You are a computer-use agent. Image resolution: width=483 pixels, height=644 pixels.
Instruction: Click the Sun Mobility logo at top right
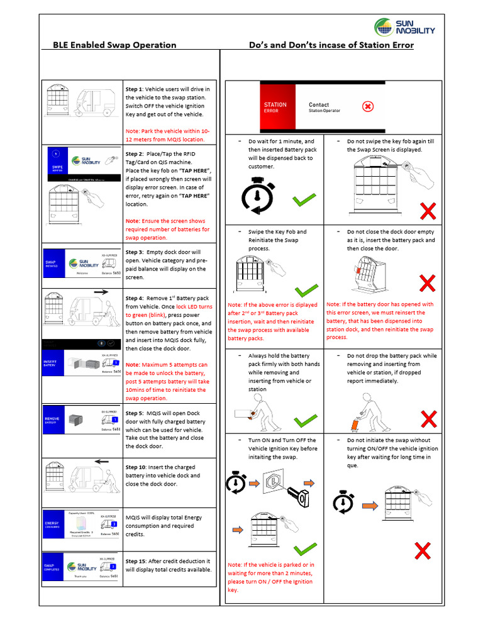pyautogui.click(x=404, y=28)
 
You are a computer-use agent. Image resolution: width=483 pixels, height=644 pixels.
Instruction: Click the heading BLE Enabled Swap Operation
pyautogui.click(x=114, y=45)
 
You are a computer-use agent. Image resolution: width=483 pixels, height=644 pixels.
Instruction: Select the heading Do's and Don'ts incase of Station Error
pyautogui.click(x=331, y=45)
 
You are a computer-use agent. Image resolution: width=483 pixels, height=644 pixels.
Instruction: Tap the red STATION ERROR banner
pyautogui.click(x=275, y=108)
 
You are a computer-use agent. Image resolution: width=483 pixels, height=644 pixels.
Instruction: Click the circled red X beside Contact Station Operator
pyautogui.click(x=368, y=106)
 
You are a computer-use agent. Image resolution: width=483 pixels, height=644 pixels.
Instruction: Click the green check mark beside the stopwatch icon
pyautogui.click(x=304, y=201)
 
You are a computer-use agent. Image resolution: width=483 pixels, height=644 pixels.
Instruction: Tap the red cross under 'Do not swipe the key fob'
pyautogui.click(x=428, y=211)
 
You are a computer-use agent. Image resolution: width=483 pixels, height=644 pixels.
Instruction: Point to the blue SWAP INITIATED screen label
pyautogui.click(x=52, y=264)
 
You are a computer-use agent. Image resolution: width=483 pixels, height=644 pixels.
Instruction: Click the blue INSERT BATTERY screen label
pyautogui.click(x=51, y=365)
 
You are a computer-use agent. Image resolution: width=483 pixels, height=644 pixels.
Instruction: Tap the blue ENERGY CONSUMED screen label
pyautogui.click(x=52, y=525)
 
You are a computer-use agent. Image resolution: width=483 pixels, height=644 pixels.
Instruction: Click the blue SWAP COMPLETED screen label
pyautogui.click(x=52, y=568)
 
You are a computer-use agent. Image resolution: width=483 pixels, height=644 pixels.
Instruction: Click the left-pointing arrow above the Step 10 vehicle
pyautogui.click(x=101, y=461)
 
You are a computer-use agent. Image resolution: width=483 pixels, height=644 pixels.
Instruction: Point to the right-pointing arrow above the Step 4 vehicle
pyautogui.click(x=100, y=292)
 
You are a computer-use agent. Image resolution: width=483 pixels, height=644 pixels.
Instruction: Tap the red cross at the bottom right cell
pyautogui.click(x=423, y=552)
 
